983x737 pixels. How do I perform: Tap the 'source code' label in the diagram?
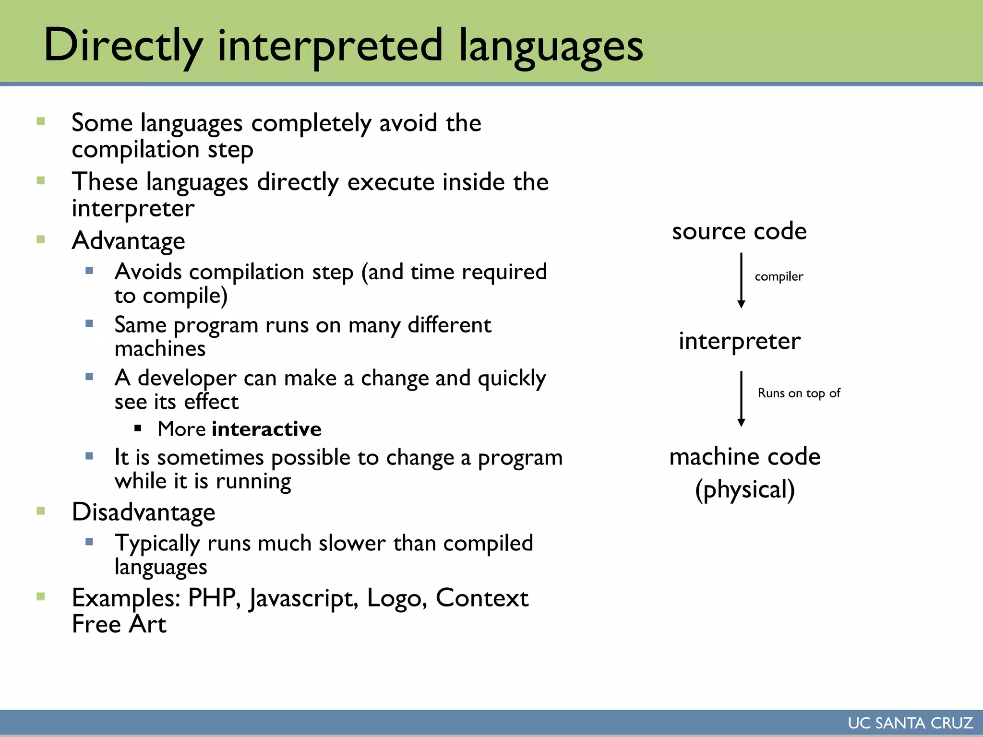coord(739,231)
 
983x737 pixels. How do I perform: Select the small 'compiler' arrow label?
coord(779,276)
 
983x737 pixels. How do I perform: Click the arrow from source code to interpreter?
coord(741,281)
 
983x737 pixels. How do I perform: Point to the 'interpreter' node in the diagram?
coord(740,341)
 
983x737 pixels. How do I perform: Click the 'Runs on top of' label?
coord(799,393)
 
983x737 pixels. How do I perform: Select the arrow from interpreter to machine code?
coord(741,398)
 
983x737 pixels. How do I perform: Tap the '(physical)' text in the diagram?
coord(745,489)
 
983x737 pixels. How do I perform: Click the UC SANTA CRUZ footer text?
coord(910,723)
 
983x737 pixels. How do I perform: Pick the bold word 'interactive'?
coord(266,429)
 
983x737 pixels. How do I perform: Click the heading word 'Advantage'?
coord(128,240)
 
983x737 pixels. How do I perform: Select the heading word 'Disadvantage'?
coord(144,512)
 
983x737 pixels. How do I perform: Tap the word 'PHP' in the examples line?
coord(212,598)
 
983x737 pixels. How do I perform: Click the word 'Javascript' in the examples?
coord(303,599)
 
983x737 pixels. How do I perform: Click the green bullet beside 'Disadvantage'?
coord(41,511)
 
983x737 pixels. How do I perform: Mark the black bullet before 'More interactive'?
coord(138,428)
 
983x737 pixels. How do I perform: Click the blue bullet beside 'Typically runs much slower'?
coord(89,542)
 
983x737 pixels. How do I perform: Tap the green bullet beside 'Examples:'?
coord(41,596)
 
